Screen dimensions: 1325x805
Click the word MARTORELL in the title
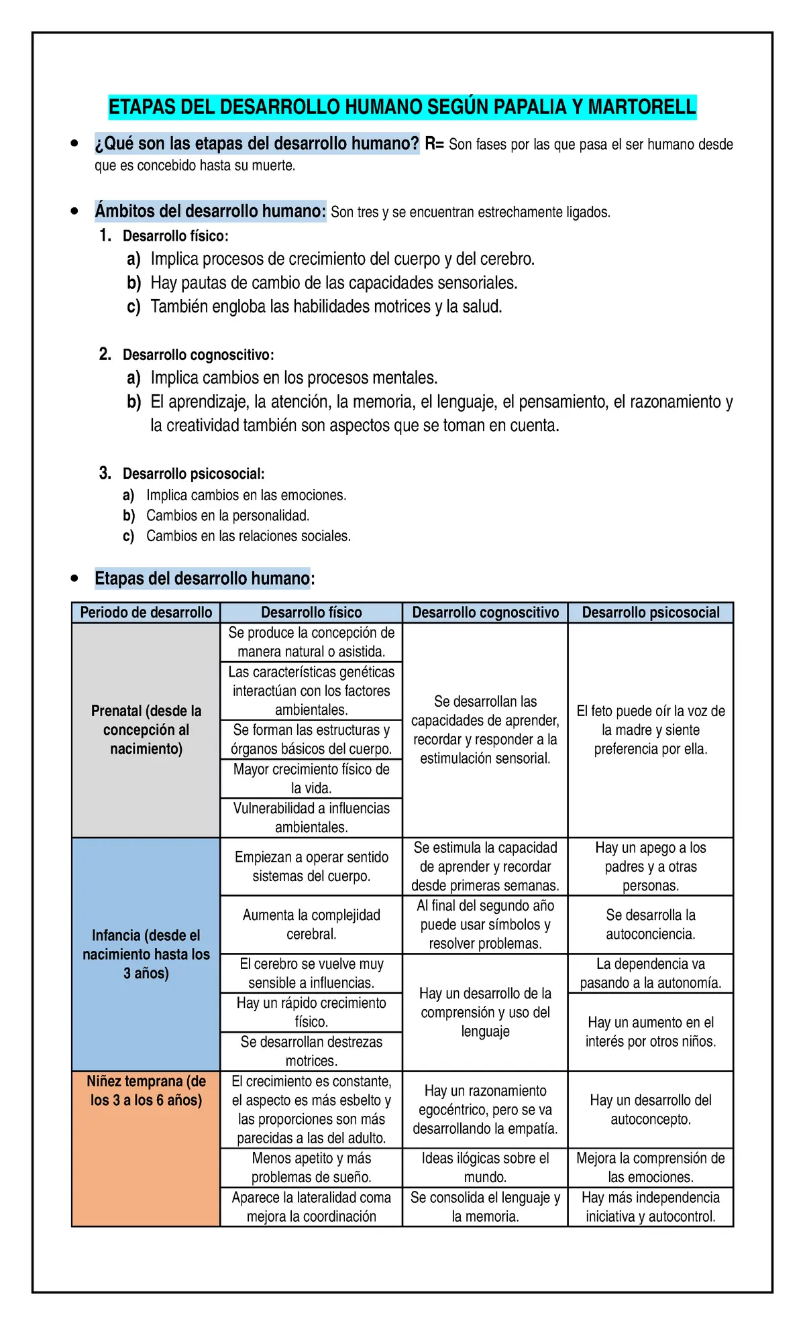point(641,107)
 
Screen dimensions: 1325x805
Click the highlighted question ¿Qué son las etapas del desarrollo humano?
point(257,143)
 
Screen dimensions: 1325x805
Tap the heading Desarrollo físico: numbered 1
point(175,236)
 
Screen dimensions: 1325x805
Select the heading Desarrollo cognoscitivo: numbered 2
point(198,355)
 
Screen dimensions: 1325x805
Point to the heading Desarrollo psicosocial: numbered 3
point(193,474)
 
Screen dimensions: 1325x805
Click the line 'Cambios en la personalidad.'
point(227,516)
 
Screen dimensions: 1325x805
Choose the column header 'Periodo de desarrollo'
point(146,612)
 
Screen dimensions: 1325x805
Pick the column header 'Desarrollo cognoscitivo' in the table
point(485,612)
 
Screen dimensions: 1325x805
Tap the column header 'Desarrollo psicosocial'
point(650,612)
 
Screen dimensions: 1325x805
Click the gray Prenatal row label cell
point(146,730)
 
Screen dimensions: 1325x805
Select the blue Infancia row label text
point(146,954)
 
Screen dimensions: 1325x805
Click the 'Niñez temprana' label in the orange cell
point(146,1091)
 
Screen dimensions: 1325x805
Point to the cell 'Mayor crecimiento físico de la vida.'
point(311,779)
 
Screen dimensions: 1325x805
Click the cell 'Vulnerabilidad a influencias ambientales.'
point(311,817)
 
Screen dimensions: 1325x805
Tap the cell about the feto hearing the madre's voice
point(650,730)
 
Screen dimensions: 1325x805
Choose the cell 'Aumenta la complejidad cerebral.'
point(311,924)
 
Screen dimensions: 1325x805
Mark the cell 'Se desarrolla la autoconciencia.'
point(650,924)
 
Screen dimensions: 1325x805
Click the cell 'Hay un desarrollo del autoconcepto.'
point(650,1110)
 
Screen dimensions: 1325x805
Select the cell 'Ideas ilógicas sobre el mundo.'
point(485,1167)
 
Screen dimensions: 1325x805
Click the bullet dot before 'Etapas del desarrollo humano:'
point(74,578)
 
